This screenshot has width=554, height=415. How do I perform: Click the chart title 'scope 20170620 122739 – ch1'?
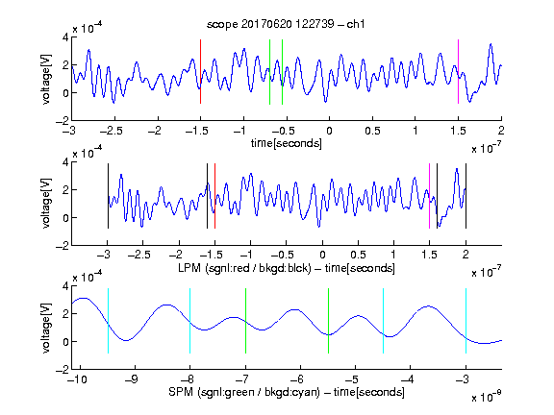[286, 24]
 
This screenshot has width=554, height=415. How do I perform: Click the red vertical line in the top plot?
[200, 72]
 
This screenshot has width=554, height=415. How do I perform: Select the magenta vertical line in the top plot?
[458, 72]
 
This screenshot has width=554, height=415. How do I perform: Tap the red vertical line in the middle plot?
[214, 196]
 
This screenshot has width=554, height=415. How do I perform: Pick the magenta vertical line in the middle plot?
[429, 196]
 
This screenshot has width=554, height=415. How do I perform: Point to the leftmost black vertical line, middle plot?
[108, 196]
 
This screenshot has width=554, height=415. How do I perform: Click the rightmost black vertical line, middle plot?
[466, 196]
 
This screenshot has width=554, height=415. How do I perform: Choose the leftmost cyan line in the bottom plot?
[108, 321]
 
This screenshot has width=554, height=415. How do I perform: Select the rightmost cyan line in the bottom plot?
[466, 321]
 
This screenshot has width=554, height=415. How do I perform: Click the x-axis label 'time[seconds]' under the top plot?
[287, 143]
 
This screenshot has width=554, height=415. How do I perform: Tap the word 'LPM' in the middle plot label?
[189, 268]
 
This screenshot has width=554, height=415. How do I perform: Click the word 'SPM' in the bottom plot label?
[181, 392]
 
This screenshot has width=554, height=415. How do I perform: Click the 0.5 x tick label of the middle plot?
[358, 255]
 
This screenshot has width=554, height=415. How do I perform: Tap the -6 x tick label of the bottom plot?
[297, 379]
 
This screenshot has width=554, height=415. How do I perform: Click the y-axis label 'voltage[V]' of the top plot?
[46, 79]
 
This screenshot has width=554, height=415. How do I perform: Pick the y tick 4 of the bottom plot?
[65, 286]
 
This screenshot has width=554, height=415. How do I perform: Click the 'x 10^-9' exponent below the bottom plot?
[487, 397]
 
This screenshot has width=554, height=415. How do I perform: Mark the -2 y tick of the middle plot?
[63, 246]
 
